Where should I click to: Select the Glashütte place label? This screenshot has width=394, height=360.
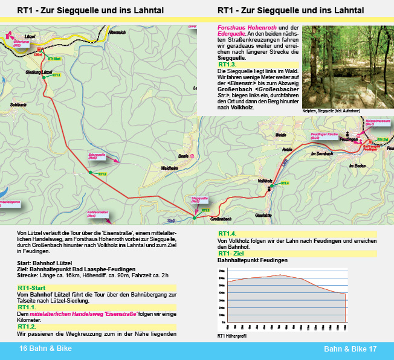tap(263, 214)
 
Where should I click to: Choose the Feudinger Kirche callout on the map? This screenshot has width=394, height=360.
tap(323, 137)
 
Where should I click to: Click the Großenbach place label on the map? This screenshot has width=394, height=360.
tap(221, 218)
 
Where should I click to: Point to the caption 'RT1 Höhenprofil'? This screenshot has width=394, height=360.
tap(232, 336)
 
